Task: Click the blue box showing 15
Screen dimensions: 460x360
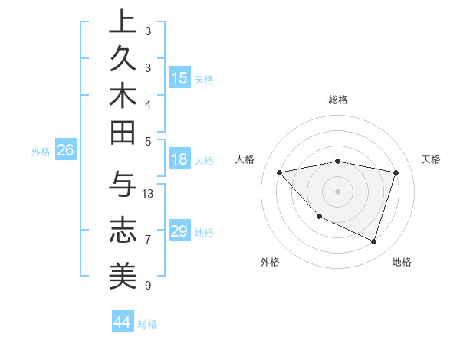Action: [x=179, y=78]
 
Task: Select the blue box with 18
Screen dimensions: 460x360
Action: [x=179, y=160]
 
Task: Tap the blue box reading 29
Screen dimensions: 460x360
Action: [x=179, y=231]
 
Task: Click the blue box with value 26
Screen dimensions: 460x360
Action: [x=65, y=151]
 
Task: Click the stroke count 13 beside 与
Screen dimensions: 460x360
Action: [x=148, y=193]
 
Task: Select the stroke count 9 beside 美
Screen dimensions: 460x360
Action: [x=148, y=286]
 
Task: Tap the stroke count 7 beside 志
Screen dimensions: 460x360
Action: [x=148, y=240]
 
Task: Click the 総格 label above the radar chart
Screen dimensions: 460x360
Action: [x=338, y=100]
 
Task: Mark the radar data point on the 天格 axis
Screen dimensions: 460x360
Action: [x=396, y=172]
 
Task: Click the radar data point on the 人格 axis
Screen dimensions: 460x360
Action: [x=280, y=172]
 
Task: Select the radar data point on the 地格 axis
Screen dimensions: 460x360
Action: [x=373, y=241]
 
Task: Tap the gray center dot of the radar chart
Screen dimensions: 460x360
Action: [x=338, y=191]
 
